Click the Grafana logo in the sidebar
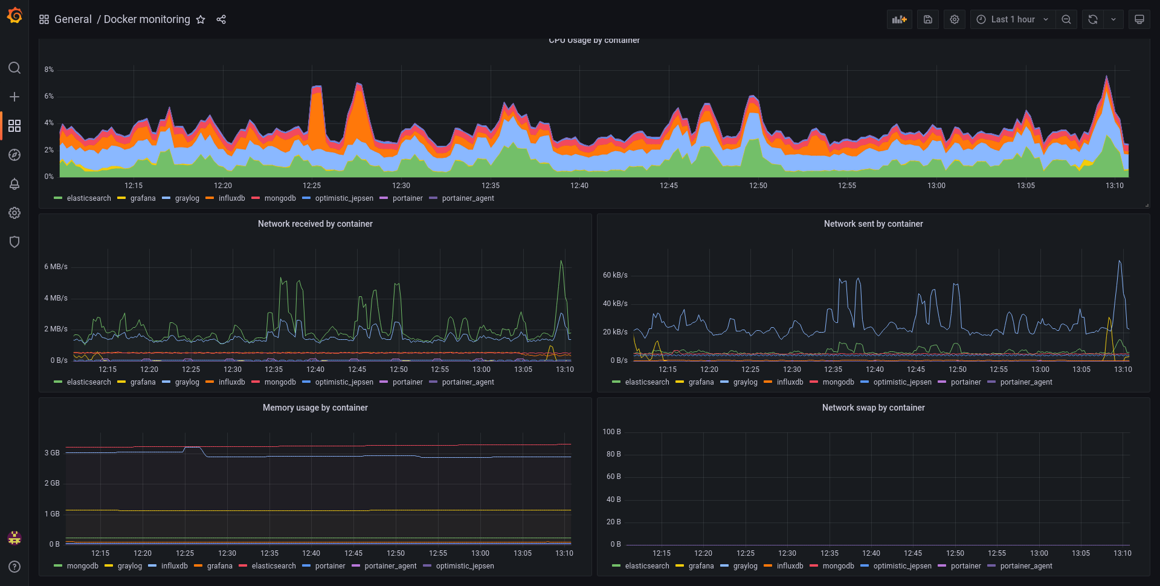pyautogui.click(x=14, y=15)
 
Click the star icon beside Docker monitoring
pyautogui.click(x=201, y=19)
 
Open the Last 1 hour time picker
pyautogui.click(x=1013, y=19)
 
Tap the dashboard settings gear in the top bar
pyautogui.click(x=955, y=19)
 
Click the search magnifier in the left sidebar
pyautogui.click(x=14, y=68)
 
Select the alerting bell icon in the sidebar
pyautogui.click(x=14, y=184)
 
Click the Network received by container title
pyautogui.click(x=315, y=224)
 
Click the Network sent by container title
pyautogui.click(x=874, y=224)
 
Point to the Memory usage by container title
pyautogui.click(x=315, y=408)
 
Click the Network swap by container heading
pyautogui.click(x=874, y=408)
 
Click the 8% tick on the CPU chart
pyautogui.click(x=49, y=70)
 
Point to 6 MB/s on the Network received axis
pyautogui.click(x=56, y=267)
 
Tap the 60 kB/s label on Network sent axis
pyautogui.click(x=615, y=275)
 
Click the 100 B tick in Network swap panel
pyautogui.click(x=611, y=432)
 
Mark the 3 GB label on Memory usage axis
pyautogui.click(x=52, y=453)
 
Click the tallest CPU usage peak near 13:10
pyautogui.click(x=1106, y=76)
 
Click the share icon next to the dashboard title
pyautogui.click(x=221, y=19)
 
